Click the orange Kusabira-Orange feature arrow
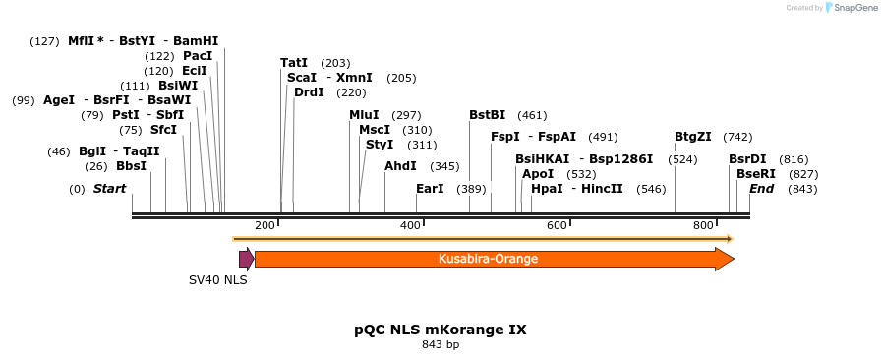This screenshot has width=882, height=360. coord(488,259)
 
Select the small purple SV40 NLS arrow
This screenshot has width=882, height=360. coord(246,259)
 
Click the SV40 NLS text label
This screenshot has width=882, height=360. coord(218,280)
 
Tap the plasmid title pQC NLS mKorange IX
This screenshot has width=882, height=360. coord(441,330)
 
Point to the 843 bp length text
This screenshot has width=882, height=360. coord(441,345)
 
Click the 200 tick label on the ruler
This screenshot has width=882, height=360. coord(265,226)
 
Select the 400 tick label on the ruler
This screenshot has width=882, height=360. coord(410,226)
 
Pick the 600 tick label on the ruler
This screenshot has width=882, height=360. coord(557,226)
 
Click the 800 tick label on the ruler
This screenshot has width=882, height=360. coord(702,226)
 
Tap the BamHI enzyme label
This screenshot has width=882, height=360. coord(196,41)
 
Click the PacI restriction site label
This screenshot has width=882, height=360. coord(198,56)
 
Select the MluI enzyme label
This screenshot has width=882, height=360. coord(364,115)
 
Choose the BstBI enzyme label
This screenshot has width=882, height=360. coord(487,115)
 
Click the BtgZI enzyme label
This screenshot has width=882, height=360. coord(692,137)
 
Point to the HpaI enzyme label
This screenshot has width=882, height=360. coord(547,189)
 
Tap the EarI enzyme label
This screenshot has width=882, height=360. coord(430,189)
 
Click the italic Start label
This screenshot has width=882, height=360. coord(109,189)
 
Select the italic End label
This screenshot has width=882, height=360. coord(762,189)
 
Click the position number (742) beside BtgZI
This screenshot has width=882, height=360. coord(737,137)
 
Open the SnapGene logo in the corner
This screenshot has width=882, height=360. coord(852,8)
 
